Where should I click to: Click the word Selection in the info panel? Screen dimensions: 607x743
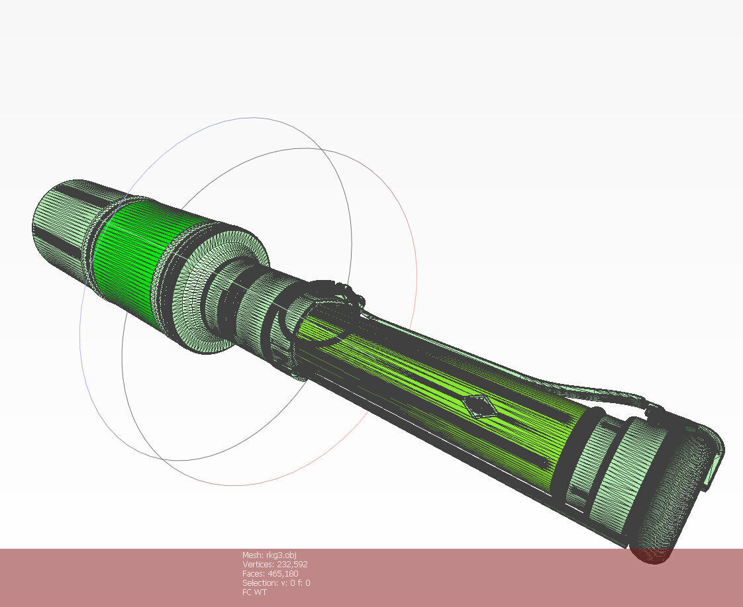point(259,583)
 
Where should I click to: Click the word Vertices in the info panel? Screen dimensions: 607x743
point(258,564)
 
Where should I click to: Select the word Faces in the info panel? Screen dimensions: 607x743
point(253,573)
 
